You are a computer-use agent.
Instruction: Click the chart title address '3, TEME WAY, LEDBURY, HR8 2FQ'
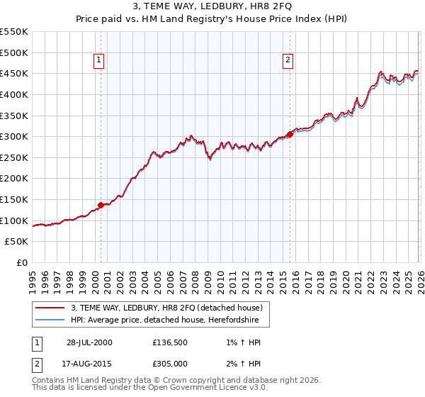pyautogui.click(x=212, y=6)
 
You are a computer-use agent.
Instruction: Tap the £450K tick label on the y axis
pyautogui.click(x=14, y=73)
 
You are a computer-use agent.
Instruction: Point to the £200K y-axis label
pyautogui.click(x=14, y=179)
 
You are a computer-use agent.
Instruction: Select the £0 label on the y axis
pyautogui.click(x=22, y=263)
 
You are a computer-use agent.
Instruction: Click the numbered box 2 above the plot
pyautogui.click(x=288, y=61)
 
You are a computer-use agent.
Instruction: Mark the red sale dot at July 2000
pyautogui.click(x=101, y=205)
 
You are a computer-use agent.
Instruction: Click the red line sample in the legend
pyautogui.click(x=50, y=308)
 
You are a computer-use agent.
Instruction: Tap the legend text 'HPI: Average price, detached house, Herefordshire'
pyautogui.click(x=165, y=320)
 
